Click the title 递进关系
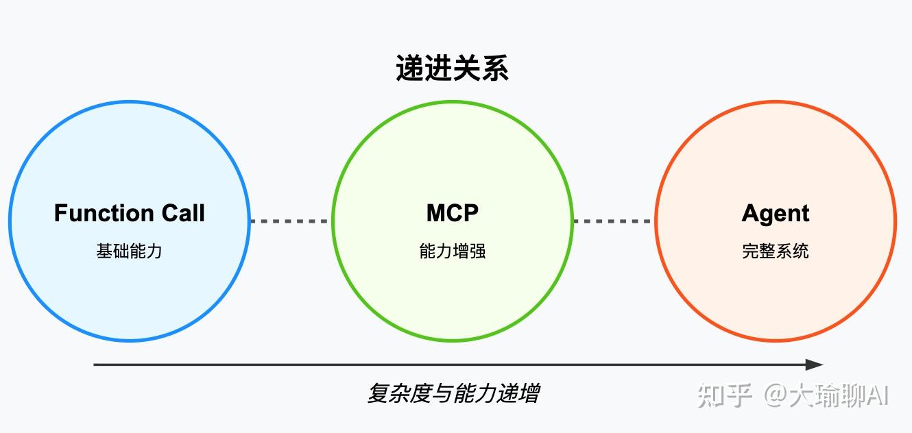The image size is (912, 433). (x=452, y=69)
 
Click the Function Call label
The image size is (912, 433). (x=130, y=213)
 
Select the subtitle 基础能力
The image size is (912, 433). (x=130, y=251)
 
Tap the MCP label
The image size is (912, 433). (x=452, y=213)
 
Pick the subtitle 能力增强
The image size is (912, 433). (x=452, y=251)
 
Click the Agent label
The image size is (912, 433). (x=775, y=213)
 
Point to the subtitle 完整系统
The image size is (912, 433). (x=775, y=251)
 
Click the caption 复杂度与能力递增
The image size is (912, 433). (x=453, y=394)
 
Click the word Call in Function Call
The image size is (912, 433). (x=183, y=213)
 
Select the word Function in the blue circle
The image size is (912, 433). (x=104, y=213)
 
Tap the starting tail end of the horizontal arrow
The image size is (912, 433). (x=96, y=364)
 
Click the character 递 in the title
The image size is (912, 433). (x=410, y=69)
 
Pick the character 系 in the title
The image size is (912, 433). (x=494, y=69)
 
